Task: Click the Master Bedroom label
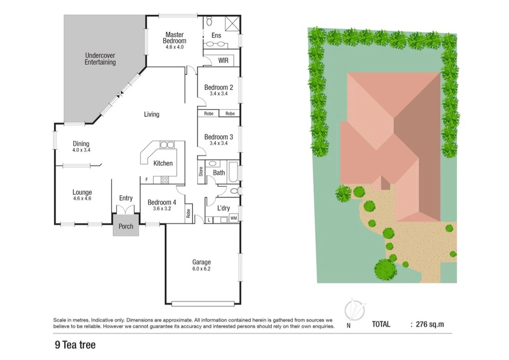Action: (174, 38)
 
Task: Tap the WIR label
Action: (223, 60)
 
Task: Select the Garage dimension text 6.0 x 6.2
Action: (201, 269)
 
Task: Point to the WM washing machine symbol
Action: (233, 218)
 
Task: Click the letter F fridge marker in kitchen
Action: (146, 180)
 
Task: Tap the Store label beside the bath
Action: (201, 171)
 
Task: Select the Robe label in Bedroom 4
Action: (188, 213)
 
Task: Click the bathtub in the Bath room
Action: (233, 172)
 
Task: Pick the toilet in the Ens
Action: (209, 22)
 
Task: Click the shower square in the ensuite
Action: (232, 24)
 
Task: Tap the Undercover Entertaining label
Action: (100, 59)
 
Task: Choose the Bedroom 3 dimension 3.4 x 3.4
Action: (218, 143)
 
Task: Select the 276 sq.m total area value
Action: (430, 324)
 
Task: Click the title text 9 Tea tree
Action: (75, 345)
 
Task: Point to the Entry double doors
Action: (125, 210)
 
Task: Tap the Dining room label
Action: (81, 144)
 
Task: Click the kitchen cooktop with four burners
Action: (164, 180)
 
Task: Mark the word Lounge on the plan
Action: (82, 192)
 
